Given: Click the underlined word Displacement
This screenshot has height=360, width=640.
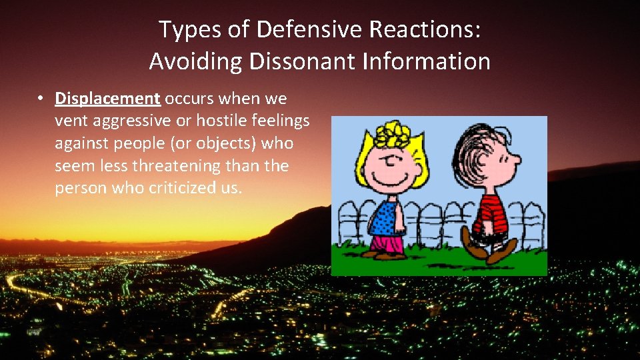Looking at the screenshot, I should pos(107,99).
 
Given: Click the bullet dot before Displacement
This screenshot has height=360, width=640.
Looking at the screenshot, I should pos(41,99).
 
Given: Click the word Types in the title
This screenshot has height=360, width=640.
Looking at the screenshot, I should pos(181,29).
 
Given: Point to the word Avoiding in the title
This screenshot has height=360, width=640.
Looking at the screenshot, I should pos(196,61).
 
